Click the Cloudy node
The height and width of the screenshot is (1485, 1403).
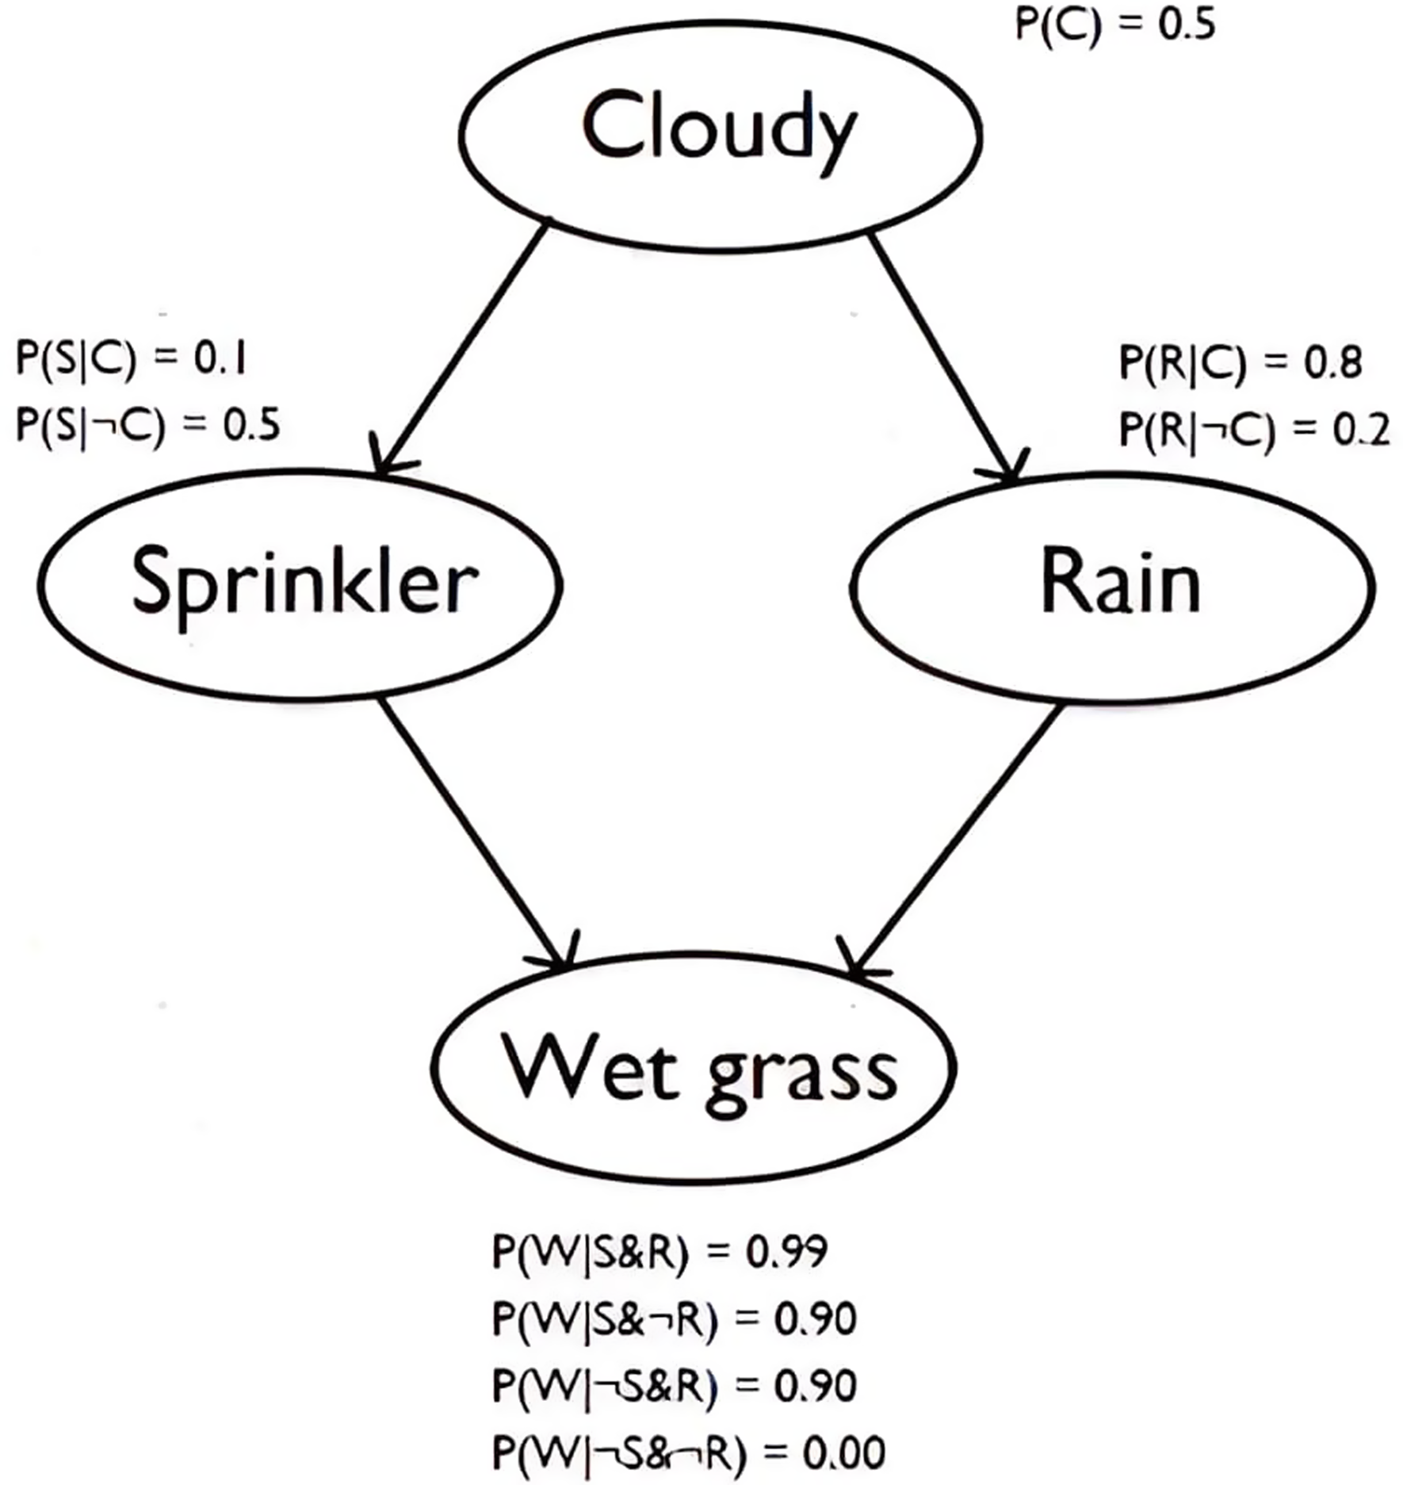(720, 135)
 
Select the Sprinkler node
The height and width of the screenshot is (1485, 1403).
(300, 584)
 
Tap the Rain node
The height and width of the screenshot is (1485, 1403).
(1112, 587)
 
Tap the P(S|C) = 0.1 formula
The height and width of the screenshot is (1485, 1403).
(132, 359)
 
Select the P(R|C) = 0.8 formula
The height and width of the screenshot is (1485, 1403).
(1240, 362)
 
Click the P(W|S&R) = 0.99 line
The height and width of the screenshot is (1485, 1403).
(659, 1253)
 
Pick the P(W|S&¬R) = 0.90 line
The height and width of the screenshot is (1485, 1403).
(674, 1319)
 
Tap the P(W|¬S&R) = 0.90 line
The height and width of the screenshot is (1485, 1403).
(674, 1386)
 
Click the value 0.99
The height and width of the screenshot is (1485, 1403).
(786, 1253)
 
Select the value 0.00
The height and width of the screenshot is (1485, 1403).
(844, 1452)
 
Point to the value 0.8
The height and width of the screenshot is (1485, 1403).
(1333, 362)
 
